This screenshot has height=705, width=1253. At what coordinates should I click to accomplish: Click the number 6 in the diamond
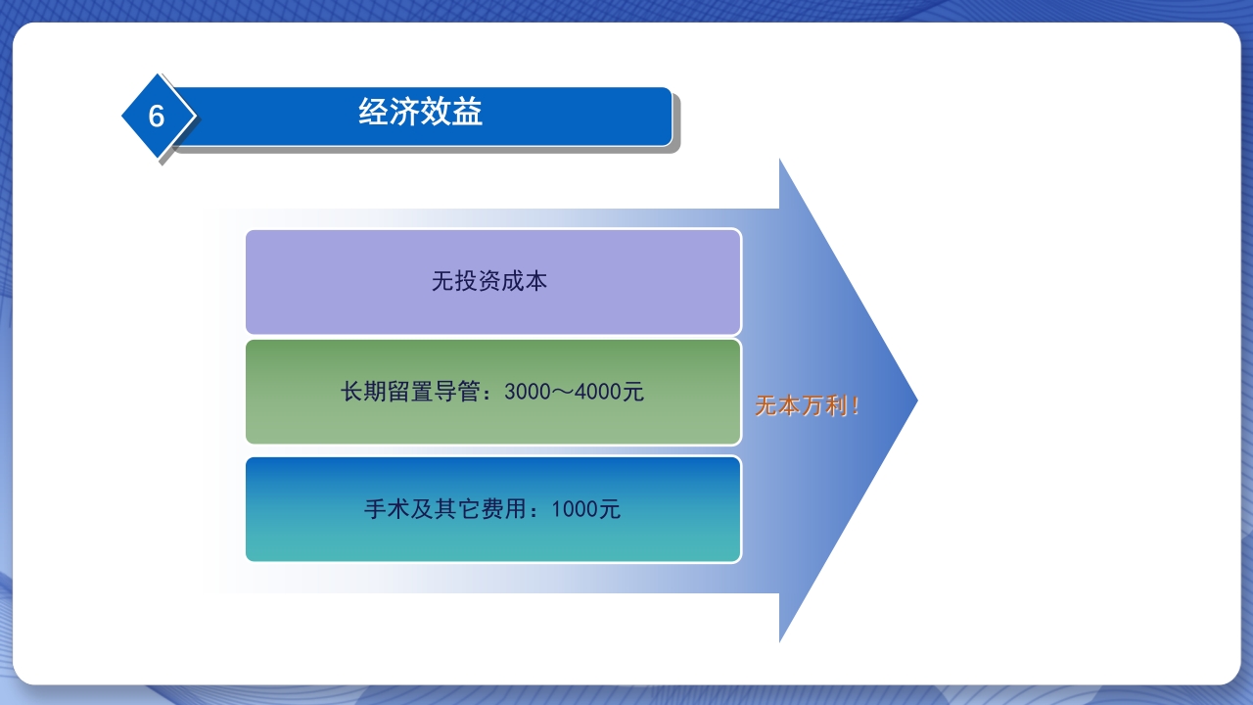coord(157,117)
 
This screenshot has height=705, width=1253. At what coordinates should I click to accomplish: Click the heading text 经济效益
coord(421,113)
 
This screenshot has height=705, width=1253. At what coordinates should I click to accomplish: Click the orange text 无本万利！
coord(807,406)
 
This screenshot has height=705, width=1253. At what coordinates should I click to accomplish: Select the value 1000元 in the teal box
coord(585,509)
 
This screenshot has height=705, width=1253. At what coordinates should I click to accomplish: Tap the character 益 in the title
coord(468,113)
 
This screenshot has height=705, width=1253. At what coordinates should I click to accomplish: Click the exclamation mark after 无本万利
coord(856,406)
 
